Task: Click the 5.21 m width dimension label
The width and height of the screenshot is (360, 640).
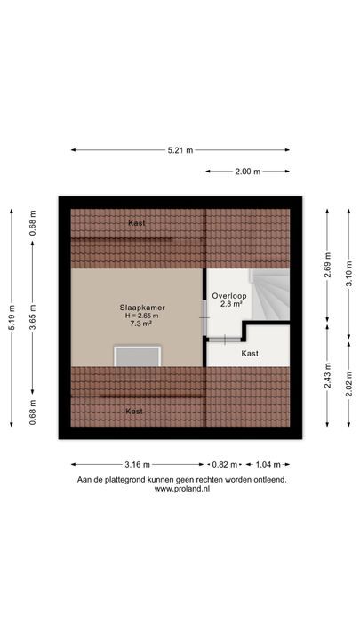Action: pyautogui.click(x=180, y=150)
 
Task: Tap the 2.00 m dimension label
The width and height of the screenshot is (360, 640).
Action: pyautogui.click(x=247, y=172)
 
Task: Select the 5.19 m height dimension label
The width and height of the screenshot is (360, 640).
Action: pyautogui.click(x=12, y=317)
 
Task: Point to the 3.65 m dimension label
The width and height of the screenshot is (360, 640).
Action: pyautogui.click(x=33, y=317)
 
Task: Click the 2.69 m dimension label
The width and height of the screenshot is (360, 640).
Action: pyautogui.click(x=327, y=265)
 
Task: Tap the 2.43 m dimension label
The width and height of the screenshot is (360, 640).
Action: pyautogui.click(x=327, y=376)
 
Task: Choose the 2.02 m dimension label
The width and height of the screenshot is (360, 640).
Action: pyautogui.click(x=349, y=385)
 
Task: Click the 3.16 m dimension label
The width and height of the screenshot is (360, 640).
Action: pyautogui.click(x=137, y=465)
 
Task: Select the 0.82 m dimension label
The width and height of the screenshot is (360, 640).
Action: pyautogui.click(x=224, y=465)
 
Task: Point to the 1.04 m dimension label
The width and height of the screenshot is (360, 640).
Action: pyautogui.click(x=268, y=465)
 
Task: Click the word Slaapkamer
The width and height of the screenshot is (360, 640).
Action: pyautogui.click(x=142, y=308)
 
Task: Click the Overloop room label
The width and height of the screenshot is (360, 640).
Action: pyautogui.click(x=229, y=296)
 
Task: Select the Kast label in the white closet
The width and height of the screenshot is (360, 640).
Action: pyautogui.click(x=250, y=354)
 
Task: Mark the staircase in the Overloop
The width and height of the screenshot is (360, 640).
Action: pyautogui.click(x=270, y=295)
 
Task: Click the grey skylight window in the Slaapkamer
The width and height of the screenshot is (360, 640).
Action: pyautogui.click(x=137, y=356)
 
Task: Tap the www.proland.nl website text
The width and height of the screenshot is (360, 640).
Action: pyautogui.click(x=182, y=489)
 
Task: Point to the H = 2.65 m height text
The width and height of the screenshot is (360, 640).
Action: pyautogui.click(x=142, y=316)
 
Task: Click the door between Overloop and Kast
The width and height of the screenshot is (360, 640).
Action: pyautogui.click(x=225, y=340)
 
